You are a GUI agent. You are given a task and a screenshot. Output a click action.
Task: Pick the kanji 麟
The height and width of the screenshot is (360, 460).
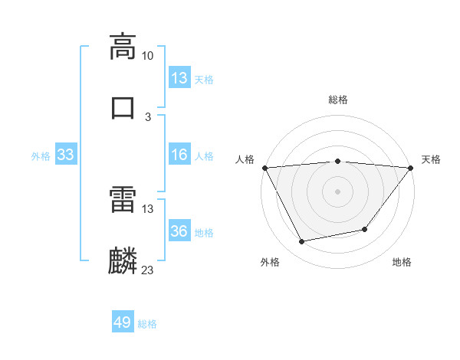pos(123,260)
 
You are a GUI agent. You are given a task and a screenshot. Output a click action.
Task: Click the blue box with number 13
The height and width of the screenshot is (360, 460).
pos(179,77)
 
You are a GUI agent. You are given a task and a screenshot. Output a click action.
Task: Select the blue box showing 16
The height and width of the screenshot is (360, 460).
pos(179,155)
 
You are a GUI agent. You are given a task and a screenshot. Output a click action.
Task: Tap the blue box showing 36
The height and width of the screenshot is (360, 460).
pos(179,232)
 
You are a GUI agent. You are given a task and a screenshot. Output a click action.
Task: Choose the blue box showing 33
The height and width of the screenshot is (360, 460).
pos(65,155)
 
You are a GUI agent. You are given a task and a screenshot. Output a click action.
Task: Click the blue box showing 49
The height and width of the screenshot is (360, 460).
pos(123,322)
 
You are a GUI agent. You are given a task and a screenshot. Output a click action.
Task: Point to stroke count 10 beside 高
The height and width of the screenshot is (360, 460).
pos(148,56)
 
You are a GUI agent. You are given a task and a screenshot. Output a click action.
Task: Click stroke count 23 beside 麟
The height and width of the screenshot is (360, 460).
pos(148,270)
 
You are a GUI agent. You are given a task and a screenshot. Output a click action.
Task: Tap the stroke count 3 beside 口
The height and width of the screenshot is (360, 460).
pos(148,116)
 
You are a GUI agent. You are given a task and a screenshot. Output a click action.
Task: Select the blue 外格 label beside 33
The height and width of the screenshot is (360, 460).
pos(41,156)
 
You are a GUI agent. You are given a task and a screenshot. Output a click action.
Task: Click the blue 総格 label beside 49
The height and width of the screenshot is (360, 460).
pos(148,324)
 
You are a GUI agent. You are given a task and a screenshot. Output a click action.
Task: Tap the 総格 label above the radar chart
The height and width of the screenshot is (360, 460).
pos(337,100)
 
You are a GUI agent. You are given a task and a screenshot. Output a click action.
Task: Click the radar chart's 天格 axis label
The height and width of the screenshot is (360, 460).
pos(431,159)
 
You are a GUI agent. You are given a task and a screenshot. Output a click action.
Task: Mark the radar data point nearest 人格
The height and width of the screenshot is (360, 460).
pos(264,167)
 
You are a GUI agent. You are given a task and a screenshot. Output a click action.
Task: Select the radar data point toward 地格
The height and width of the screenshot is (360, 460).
pos(365,229)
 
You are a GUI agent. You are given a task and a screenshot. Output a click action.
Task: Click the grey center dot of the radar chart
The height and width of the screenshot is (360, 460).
pos(337,191)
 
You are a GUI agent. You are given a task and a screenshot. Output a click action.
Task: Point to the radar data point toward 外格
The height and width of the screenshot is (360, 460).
pos(301,242)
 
